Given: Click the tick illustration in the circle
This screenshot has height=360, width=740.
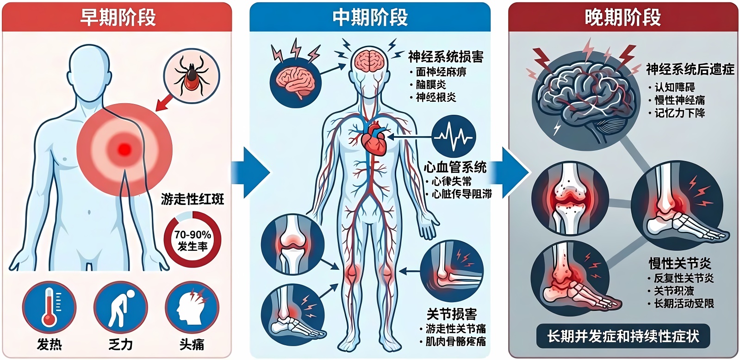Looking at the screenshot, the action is click(x=191, y=75).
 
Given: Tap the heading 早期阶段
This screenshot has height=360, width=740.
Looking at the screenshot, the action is click(x=118, y=18).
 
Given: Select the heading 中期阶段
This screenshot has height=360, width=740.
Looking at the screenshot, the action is click(x=370, y=18).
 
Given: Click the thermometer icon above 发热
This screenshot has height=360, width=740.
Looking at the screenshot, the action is click(x=49, y=307).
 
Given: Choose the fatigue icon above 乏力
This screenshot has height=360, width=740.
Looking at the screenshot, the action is click(x=121, y=307).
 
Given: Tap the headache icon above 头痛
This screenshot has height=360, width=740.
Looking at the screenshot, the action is click(x=192, y=307).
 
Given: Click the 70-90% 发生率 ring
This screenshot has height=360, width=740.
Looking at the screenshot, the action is click(x=193, y=240).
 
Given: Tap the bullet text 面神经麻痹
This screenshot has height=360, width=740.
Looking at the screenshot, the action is click(x=441, y=72).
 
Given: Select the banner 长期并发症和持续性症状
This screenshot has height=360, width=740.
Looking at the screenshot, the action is click(x=623, y=336).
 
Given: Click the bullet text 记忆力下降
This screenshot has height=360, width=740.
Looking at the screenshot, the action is click(x=679, y=113).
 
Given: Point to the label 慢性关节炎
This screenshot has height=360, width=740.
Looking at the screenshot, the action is click(x=680, y=264).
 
